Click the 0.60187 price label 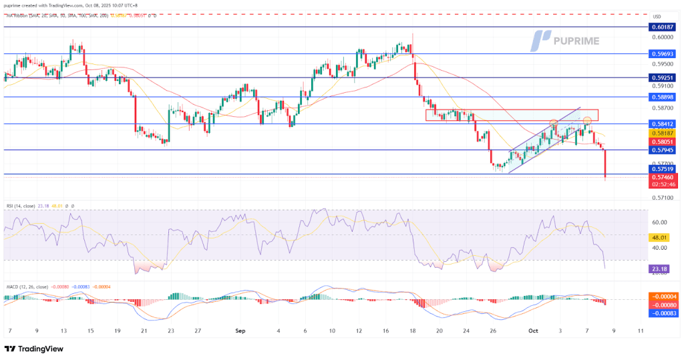click(663, 27)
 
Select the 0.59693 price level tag click(663, 53)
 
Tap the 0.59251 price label click(663, 77)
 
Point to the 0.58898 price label click(663, 97)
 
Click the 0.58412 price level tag click(663, 124)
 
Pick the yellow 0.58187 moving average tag click(663, 133)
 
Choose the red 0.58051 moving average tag click(663, 142)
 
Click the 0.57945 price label click(663, 150)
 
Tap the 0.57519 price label click(663, 169)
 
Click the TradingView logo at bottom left click(36, 349)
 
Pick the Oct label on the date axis click(533, 330)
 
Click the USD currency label click(656, 17)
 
